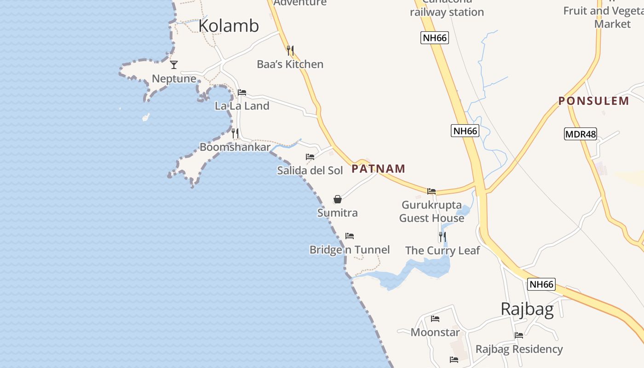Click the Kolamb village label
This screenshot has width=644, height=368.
pos(229,26)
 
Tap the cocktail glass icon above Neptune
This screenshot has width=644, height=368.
pos(174,65)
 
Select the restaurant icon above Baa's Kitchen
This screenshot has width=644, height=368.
pos(290,50)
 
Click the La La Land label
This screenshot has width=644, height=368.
pos(242,106)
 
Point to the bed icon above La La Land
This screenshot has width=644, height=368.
pos(242,92)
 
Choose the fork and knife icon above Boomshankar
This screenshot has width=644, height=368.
pos(235,133)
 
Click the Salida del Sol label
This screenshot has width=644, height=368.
pos(310,171)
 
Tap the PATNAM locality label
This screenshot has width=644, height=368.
pos(378,169)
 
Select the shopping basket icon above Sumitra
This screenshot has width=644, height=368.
pos(338,199)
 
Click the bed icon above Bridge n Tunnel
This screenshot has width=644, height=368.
pos(350,236)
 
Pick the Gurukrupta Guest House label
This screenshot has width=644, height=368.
pos(431,211)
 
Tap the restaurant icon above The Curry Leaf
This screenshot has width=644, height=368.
pos(442,237)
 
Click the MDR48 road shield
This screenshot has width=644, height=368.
pos(580,134)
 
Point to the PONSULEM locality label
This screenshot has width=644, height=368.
pos(593,101)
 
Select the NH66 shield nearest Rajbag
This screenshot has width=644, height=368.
pos(541,284)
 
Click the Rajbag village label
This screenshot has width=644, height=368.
pos(527,309)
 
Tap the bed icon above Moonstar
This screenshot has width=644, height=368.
pos(435,319)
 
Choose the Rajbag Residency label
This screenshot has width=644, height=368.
pos(519,349)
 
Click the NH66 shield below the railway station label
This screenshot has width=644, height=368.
pos(434,38)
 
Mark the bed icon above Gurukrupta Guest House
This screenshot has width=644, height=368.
pos(431,191)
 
